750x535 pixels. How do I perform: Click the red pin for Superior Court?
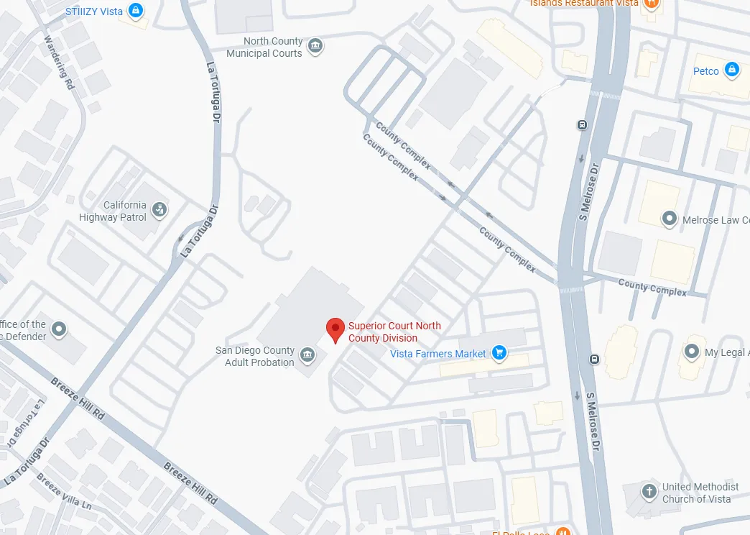click(x=335, y=329)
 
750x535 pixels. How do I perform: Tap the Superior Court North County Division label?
click(x=394, y=331)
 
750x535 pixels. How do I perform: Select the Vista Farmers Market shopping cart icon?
click(x=500, y=353)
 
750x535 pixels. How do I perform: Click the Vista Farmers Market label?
click(x=438, y=354)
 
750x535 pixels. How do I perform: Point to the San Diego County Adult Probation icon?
click(x=307, y=355)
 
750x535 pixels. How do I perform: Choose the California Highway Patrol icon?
click(x=159, y=209)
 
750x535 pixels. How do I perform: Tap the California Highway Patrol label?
click(x=114, y=211)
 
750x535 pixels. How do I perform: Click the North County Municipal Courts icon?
click(x=315, y=47)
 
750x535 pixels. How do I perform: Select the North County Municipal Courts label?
click(x=264, y=47)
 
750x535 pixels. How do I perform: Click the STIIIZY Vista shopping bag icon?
click(x=136, y=11)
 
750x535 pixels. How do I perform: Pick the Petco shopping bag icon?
click(x=731, y=70)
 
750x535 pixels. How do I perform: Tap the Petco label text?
click(x=705, y=71)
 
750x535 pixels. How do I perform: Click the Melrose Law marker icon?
click(x=670, y=218)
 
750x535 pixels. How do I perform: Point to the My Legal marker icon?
click(x=691, y=352)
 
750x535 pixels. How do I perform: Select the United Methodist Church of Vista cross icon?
click(x=649, y=492)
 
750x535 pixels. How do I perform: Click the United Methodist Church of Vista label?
click(x=700, y=493)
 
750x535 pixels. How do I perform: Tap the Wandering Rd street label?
click(x=60, y=63)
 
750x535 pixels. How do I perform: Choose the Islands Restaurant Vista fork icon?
click(x=652, y=4)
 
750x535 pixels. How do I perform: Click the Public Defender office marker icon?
click(x=59, y=329)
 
